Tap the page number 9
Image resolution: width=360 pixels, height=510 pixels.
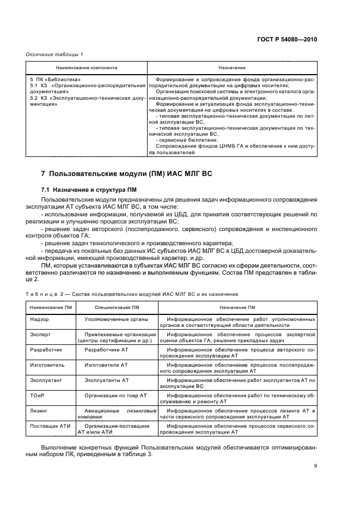[315, 465]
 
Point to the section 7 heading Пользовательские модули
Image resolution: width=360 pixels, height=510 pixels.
[126, 173]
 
